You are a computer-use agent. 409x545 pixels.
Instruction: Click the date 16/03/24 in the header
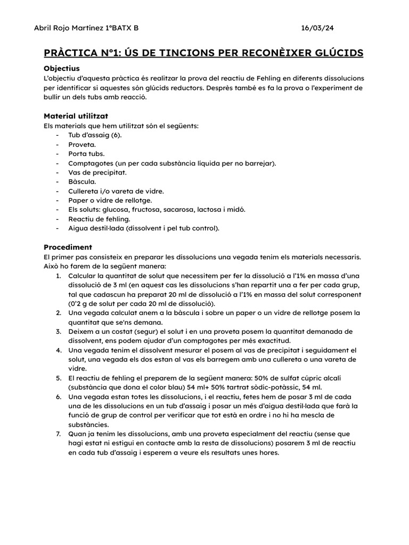tap(317, 28)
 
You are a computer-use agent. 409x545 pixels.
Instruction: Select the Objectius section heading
tap(61, 68)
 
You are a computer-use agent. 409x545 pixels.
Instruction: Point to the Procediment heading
tap(68, 247)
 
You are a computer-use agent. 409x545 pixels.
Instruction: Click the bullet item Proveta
tap(82, 144)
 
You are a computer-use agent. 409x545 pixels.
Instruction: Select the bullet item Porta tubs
tap(86, 154)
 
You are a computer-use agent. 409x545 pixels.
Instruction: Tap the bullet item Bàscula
tap(82, 181)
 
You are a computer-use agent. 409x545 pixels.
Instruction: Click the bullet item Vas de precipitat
tap(97, 172)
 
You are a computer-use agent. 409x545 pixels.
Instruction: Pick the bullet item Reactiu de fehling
tap(99, 219)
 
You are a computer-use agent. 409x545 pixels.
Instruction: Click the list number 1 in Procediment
tap(58, 275)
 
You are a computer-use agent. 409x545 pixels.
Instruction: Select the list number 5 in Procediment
tap(58, 378)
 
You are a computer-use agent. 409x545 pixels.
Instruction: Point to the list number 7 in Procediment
tap(58, 434)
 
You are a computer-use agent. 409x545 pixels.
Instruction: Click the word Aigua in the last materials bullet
tap(78, 228)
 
